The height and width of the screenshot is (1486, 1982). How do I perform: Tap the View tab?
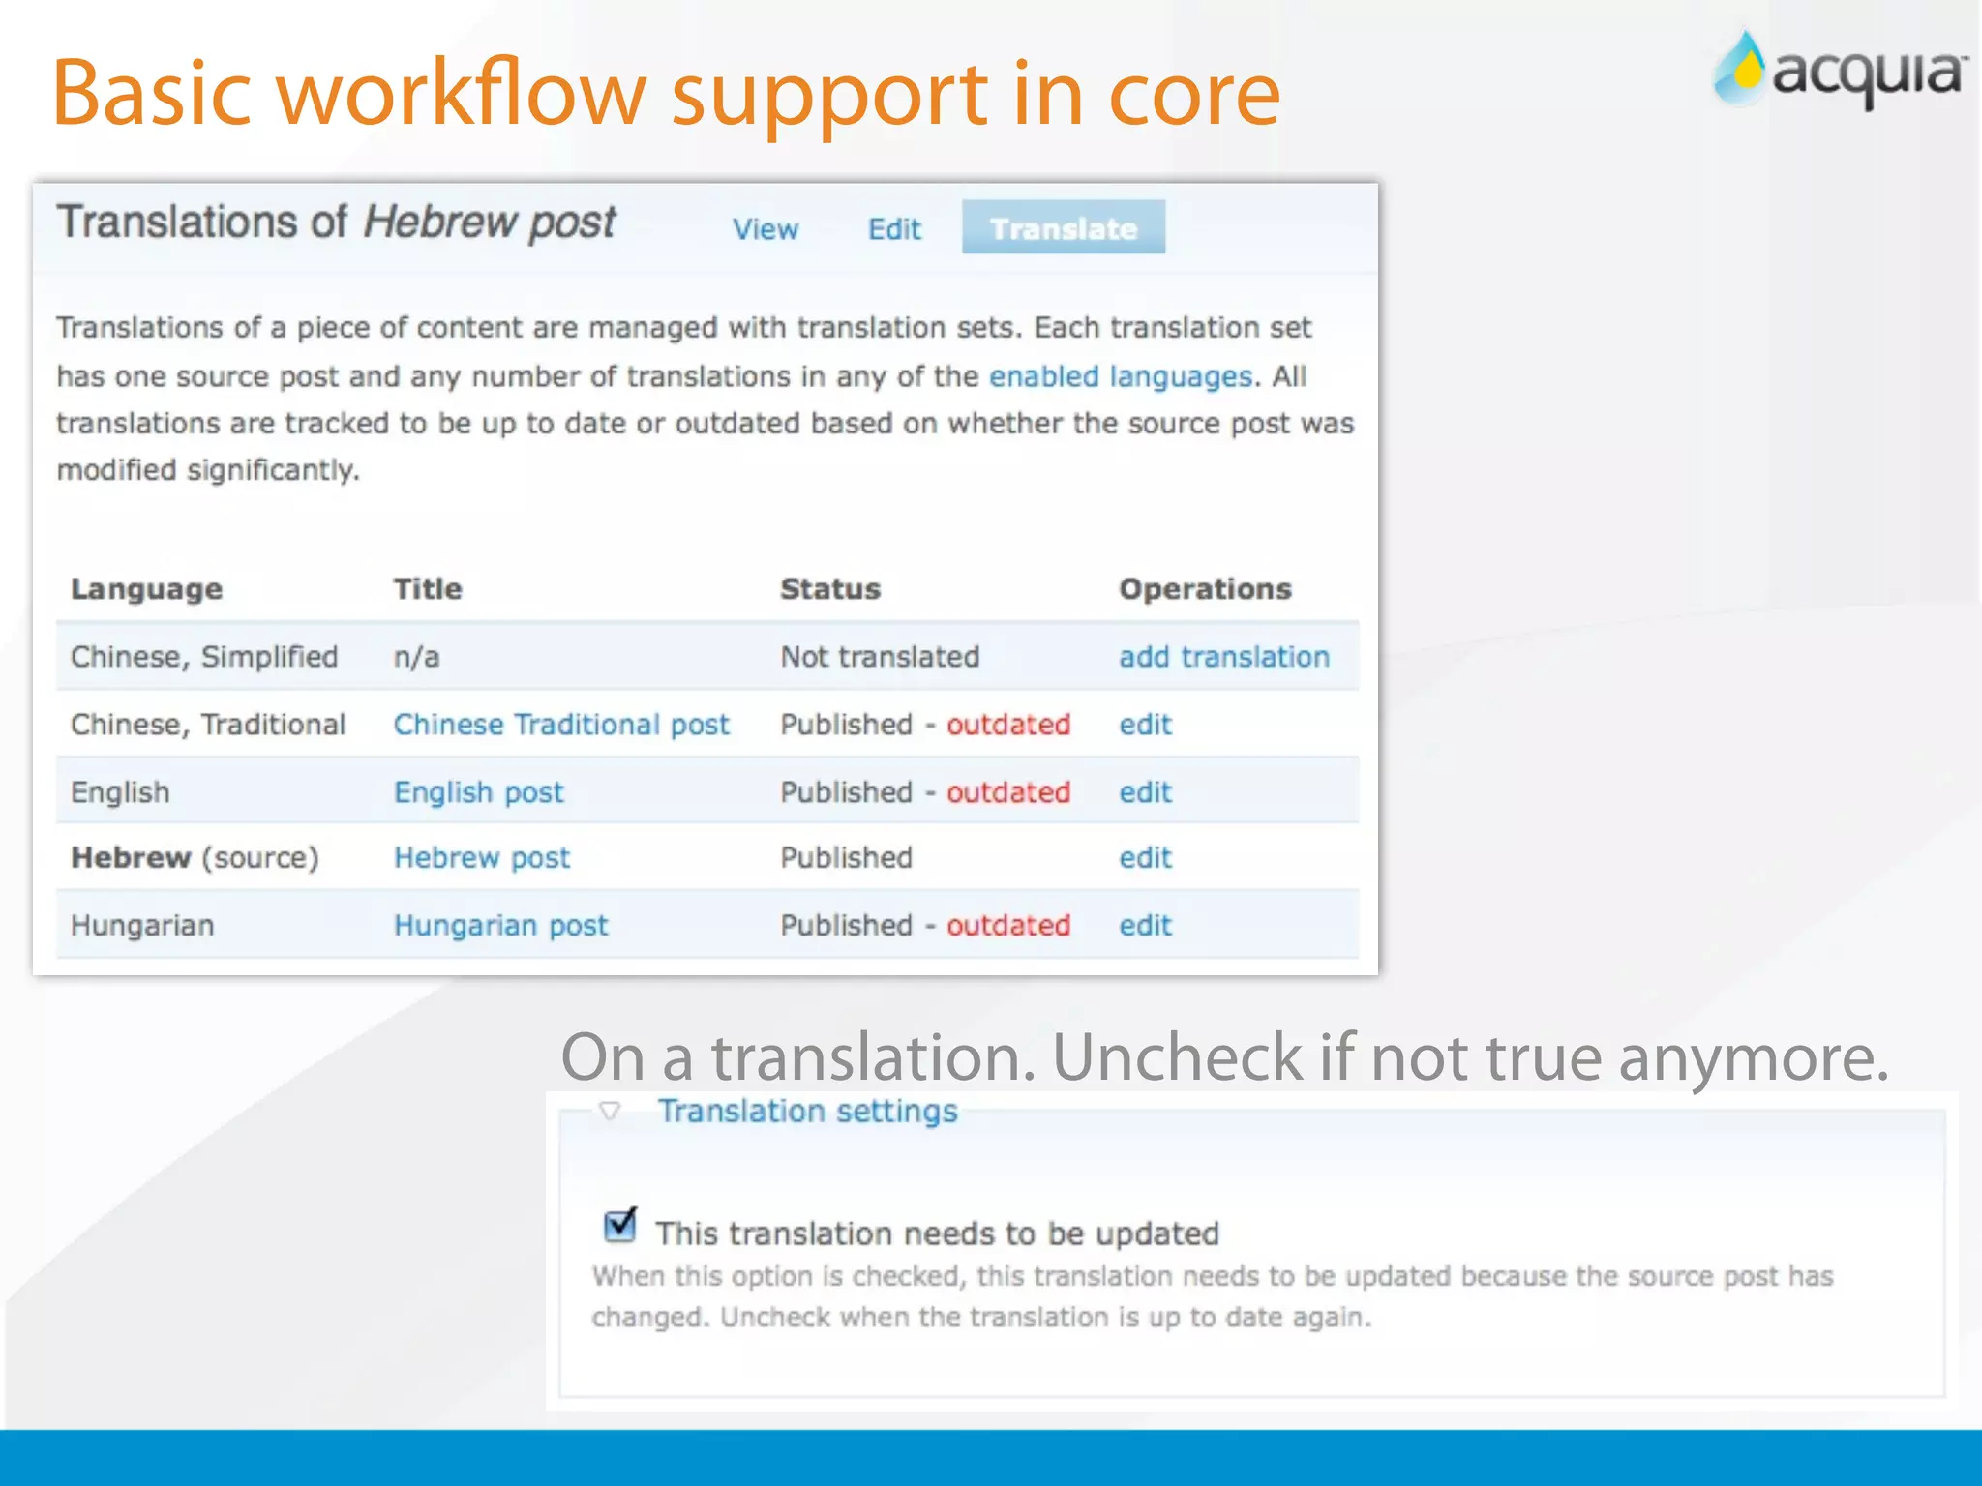click(x=765, y=229)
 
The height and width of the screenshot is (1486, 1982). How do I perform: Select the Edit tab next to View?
click(x=893, y=229)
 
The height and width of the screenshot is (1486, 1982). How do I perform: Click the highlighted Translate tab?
click(x=1063, y=228)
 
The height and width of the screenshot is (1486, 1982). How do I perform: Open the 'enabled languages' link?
click(x=1120, y=376)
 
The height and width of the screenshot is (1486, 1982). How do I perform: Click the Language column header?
click(x=146, y=589)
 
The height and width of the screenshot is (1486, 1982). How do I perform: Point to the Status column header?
click(x=829, y=589)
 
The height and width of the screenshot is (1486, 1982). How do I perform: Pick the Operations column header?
click(x=1205, y=589)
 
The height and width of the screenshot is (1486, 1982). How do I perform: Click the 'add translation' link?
click(x=1223, y=657)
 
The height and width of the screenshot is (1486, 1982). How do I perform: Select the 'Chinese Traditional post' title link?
click(x=560, y=725)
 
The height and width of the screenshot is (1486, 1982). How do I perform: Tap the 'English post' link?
click(x=478, y=792)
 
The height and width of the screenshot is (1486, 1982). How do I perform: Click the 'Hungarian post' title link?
click(x=500, y=926)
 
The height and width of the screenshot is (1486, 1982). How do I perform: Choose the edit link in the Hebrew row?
click(x=1145, y=858)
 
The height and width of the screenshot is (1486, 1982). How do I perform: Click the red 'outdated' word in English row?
click(x=1007, y=792)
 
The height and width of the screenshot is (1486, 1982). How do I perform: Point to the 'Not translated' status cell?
click(x=879, y=657)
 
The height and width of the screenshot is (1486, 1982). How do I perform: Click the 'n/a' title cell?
click(x=416, y=657)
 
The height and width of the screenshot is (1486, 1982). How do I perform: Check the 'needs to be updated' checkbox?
click(x=618, y=1226)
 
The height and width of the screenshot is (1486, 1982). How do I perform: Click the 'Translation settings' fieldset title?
click(x=807, y=1112)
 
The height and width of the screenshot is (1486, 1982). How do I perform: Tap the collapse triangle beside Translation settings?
click(x=610, y=1111)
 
